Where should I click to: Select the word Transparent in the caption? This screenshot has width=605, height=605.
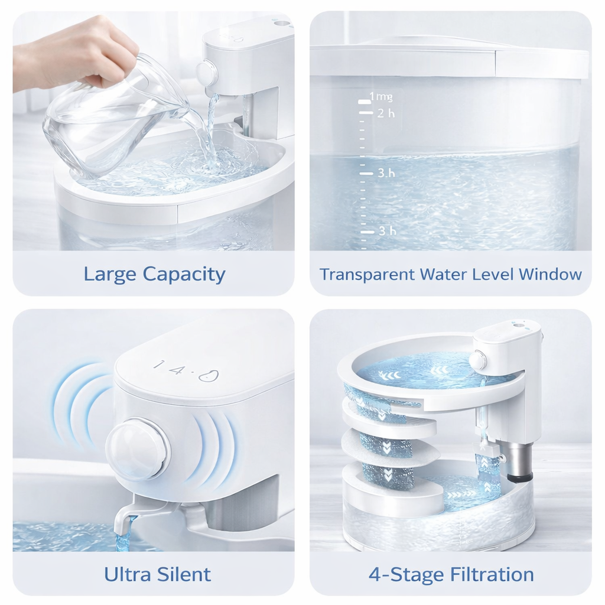coord(367,274)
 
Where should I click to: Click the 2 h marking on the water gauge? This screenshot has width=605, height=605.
coord(386,113)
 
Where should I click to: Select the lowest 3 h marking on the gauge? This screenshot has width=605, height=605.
coord(387,231)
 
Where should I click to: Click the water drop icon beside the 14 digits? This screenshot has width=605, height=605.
coord(208,375)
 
